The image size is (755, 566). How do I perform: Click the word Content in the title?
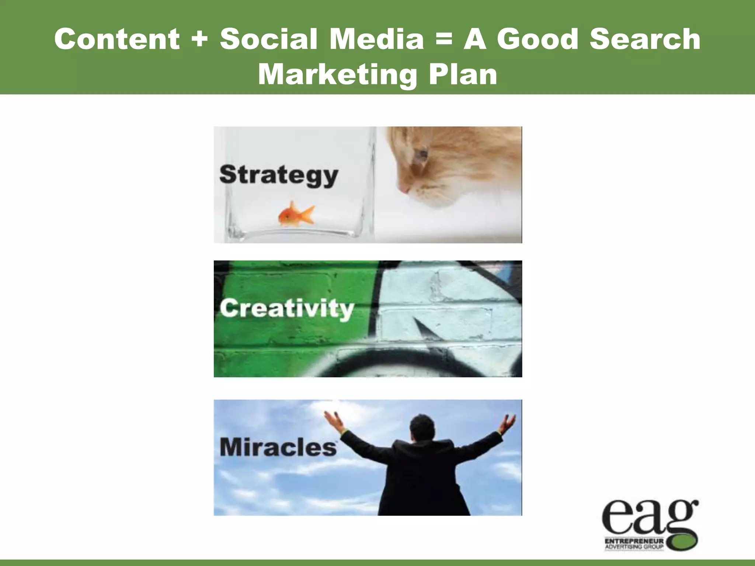[117, 39]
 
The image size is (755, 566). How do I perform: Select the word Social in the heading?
[268, 39]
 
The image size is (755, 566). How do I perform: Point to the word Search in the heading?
[645, 39]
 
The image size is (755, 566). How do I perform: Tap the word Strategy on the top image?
[279, 175]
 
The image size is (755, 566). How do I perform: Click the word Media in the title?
[376, 39]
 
